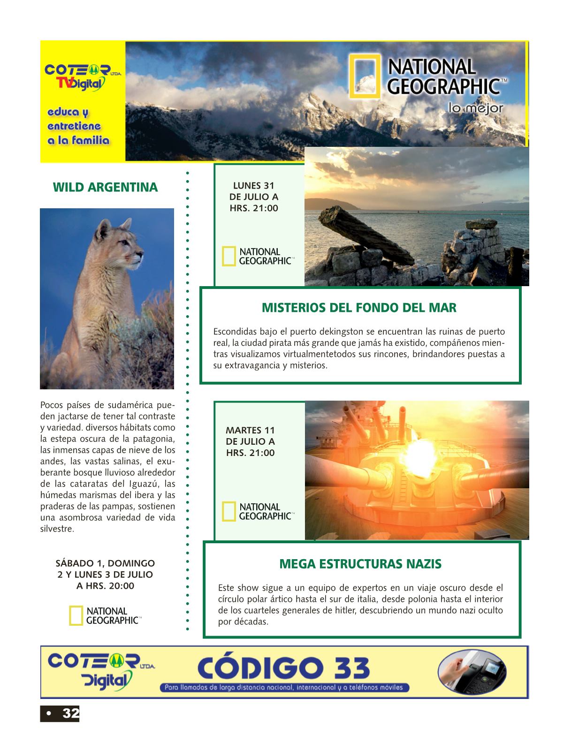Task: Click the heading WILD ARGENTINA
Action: coord(105,188)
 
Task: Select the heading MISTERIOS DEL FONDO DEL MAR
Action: coord(358,308)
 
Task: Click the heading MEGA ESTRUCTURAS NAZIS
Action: coord(360,563)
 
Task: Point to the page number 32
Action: coord(70,714)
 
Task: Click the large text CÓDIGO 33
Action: coord(283,668)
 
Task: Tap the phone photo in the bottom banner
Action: coord(471,671)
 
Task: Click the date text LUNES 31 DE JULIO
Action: coord(253,197)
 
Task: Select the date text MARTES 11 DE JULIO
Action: coord(250,441)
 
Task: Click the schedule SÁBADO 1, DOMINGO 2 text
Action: coord(105,574)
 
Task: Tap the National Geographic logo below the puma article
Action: coord(105,615)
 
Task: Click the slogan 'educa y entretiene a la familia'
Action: coord(78,127)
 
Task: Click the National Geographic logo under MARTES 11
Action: coord(258,511)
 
